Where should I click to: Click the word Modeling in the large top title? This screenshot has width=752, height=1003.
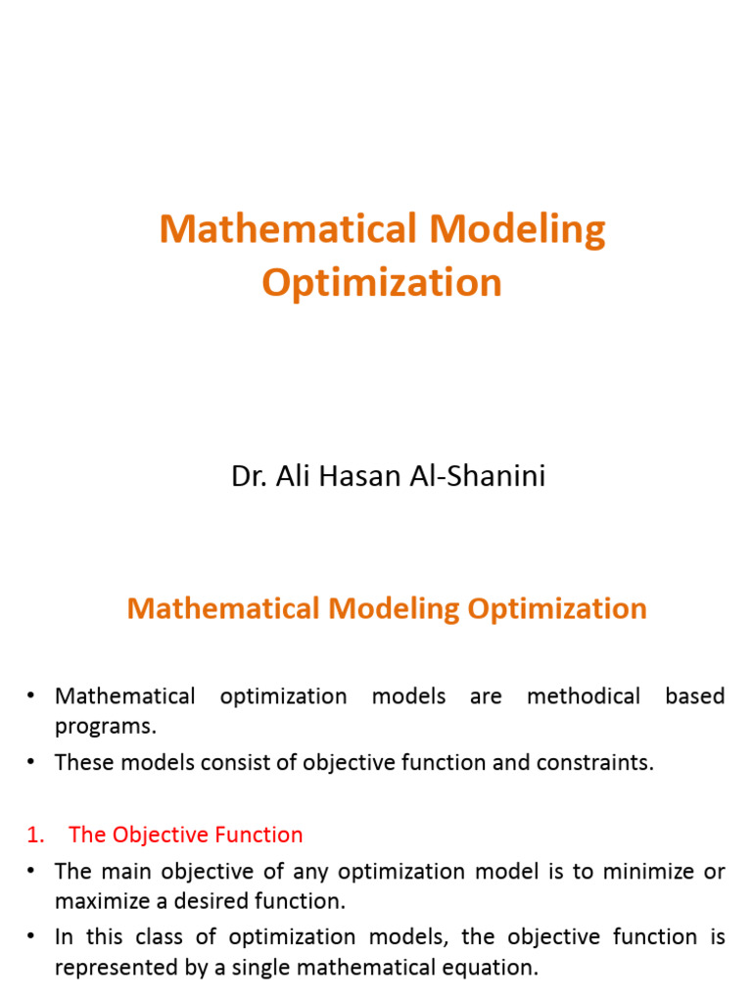coord(517,230)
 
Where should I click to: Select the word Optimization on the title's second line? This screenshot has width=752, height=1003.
coord(382,283)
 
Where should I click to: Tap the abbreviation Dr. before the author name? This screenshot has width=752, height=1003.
coord(250,476)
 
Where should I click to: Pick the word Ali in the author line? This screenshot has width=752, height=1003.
coord(293,476)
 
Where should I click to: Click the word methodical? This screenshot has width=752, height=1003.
coord(584,696)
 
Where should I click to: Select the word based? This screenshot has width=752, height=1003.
coord(695,696)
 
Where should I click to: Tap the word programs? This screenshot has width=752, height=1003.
coord(106,728)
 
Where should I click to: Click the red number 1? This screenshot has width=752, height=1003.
coord(36,835)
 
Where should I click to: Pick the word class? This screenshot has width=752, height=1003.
coord(159,937)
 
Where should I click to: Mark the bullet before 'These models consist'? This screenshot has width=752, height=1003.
coord(30,761)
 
